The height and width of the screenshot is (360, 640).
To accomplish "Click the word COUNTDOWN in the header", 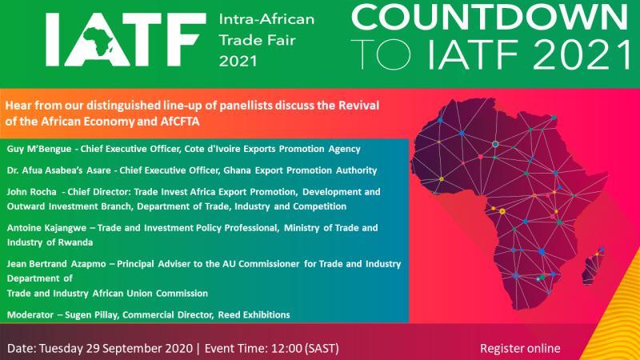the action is [x=489, y=17].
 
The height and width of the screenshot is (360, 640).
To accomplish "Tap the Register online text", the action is [x=520, y=348].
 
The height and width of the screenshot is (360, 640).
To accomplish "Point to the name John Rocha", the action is [x=31, y=192].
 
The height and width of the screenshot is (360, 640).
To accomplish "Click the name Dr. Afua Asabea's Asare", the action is [x=58, y=170].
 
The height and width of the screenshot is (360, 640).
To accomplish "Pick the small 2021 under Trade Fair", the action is [x=238, y=62].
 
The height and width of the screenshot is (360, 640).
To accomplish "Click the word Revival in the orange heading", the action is [x=358, y=106].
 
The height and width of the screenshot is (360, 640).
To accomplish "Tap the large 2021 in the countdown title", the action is [x=582, y=54].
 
